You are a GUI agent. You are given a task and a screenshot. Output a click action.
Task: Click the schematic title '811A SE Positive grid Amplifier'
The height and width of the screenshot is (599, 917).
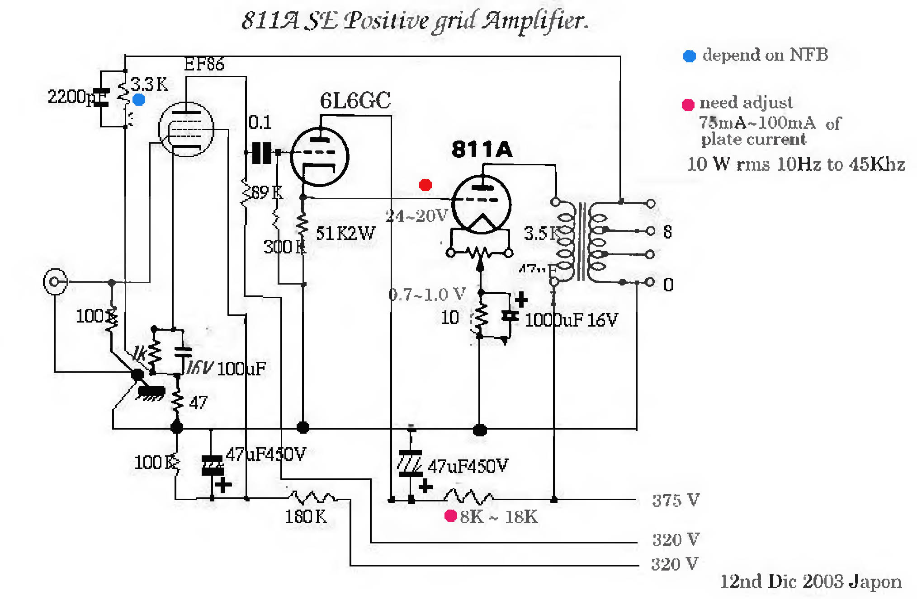pos(415,21)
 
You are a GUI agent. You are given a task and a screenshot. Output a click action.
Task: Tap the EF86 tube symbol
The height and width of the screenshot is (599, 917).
pos(186,129)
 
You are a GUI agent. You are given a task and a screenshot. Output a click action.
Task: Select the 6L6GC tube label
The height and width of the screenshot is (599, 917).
pos(355,100)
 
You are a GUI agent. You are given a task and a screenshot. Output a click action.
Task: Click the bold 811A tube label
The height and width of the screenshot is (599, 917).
pos(482,149)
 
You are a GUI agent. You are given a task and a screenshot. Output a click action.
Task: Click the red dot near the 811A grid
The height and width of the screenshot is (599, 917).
pos(425,185)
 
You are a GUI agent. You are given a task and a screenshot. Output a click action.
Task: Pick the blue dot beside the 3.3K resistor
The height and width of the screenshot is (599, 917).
pos(139,99)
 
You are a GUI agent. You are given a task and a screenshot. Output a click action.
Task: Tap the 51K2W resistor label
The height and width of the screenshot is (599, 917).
pos(345,234)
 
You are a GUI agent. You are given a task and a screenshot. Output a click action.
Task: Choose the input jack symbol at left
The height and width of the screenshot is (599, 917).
pos(55,281)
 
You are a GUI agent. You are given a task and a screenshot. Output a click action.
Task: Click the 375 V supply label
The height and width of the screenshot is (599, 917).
pos(676,500)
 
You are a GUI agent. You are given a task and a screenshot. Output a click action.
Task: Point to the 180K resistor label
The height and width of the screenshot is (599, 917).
pos(305,516)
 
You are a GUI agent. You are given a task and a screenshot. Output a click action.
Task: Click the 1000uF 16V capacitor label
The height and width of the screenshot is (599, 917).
pos(571,320)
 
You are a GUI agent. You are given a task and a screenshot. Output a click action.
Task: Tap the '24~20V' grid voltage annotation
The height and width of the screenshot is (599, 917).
pos(416,216)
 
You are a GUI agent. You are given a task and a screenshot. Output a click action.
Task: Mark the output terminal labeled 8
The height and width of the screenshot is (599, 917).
pos(651,231)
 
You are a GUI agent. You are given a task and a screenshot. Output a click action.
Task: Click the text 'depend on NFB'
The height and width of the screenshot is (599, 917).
pos(765,55)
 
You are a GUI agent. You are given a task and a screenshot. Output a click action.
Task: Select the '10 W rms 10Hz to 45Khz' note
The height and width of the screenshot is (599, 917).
pos(796,164)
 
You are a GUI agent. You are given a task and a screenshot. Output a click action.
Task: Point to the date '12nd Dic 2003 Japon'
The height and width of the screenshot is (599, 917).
pos(810,582)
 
